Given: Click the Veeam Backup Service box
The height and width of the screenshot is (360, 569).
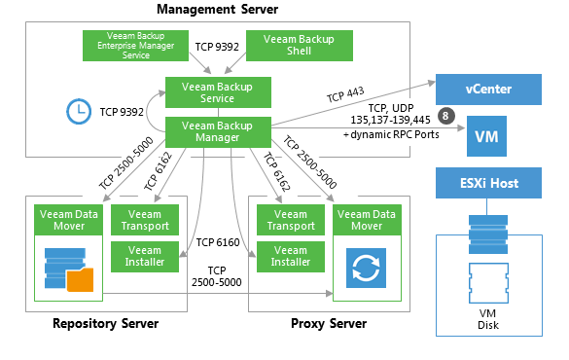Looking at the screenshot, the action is pos(218,92).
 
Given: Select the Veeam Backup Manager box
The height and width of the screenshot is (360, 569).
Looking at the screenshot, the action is pos(218,131).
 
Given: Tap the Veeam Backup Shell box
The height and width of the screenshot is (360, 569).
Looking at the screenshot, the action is pos(300,46).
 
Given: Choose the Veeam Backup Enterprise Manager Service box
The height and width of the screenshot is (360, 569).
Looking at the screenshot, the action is pos(135,46).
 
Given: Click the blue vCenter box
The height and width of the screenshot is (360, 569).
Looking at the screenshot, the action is pos(488,90).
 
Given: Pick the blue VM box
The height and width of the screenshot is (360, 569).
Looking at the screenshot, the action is pos(486,136).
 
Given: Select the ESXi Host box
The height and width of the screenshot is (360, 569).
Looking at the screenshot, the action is pos(488,183).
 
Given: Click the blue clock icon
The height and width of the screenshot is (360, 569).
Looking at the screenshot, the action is pos(79,112).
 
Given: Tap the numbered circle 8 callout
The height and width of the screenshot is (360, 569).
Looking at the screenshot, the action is pos(446,116).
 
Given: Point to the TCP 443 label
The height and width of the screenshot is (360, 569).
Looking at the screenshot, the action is pos(345,94).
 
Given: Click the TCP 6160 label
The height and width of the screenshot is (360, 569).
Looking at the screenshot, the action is pos(218,242).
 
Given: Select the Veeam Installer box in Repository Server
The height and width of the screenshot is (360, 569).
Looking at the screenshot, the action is pos(145,257).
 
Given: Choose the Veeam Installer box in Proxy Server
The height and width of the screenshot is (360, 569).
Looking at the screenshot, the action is pos(291,257).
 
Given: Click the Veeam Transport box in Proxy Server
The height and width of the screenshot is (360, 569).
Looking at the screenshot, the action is pos(291,220).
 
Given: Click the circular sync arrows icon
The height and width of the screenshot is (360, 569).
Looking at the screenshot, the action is pos(366,269).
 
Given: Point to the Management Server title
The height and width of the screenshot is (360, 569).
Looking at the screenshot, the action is pos(217,9).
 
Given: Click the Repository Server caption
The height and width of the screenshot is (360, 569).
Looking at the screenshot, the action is pos(106,323).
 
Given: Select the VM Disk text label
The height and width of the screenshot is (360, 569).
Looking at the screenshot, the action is pos(487,319).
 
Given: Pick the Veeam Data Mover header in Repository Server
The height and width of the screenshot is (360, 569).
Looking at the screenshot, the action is pos(69,220).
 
